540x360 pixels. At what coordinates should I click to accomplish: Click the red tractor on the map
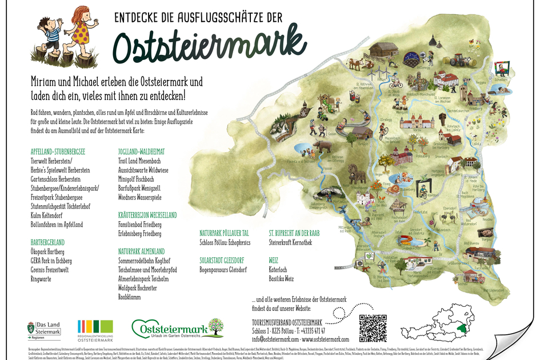coord(452,59)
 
